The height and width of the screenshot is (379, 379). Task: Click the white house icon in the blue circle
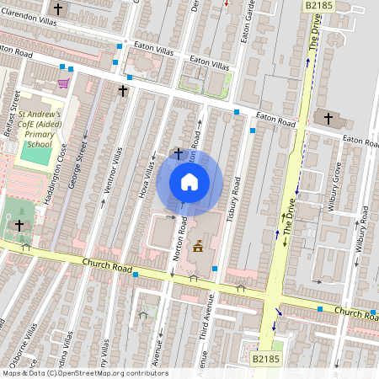[189, 182]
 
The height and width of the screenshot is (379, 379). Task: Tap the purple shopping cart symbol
[63, 83]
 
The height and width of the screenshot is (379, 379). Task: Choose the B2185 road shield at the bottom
[265, 359]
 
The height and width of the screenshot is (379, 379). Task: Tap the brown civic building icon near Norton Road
[198, 246]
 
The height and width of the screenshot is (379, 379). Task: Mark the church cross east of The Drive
[328, 118]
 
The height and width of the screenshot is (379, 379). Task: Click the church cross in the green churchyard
[19, 226]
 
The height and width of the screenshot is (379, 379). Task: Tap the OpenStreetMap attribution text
[84, 373]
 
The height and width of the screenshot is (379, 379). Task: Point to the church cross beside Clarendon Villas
[58, 9]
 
